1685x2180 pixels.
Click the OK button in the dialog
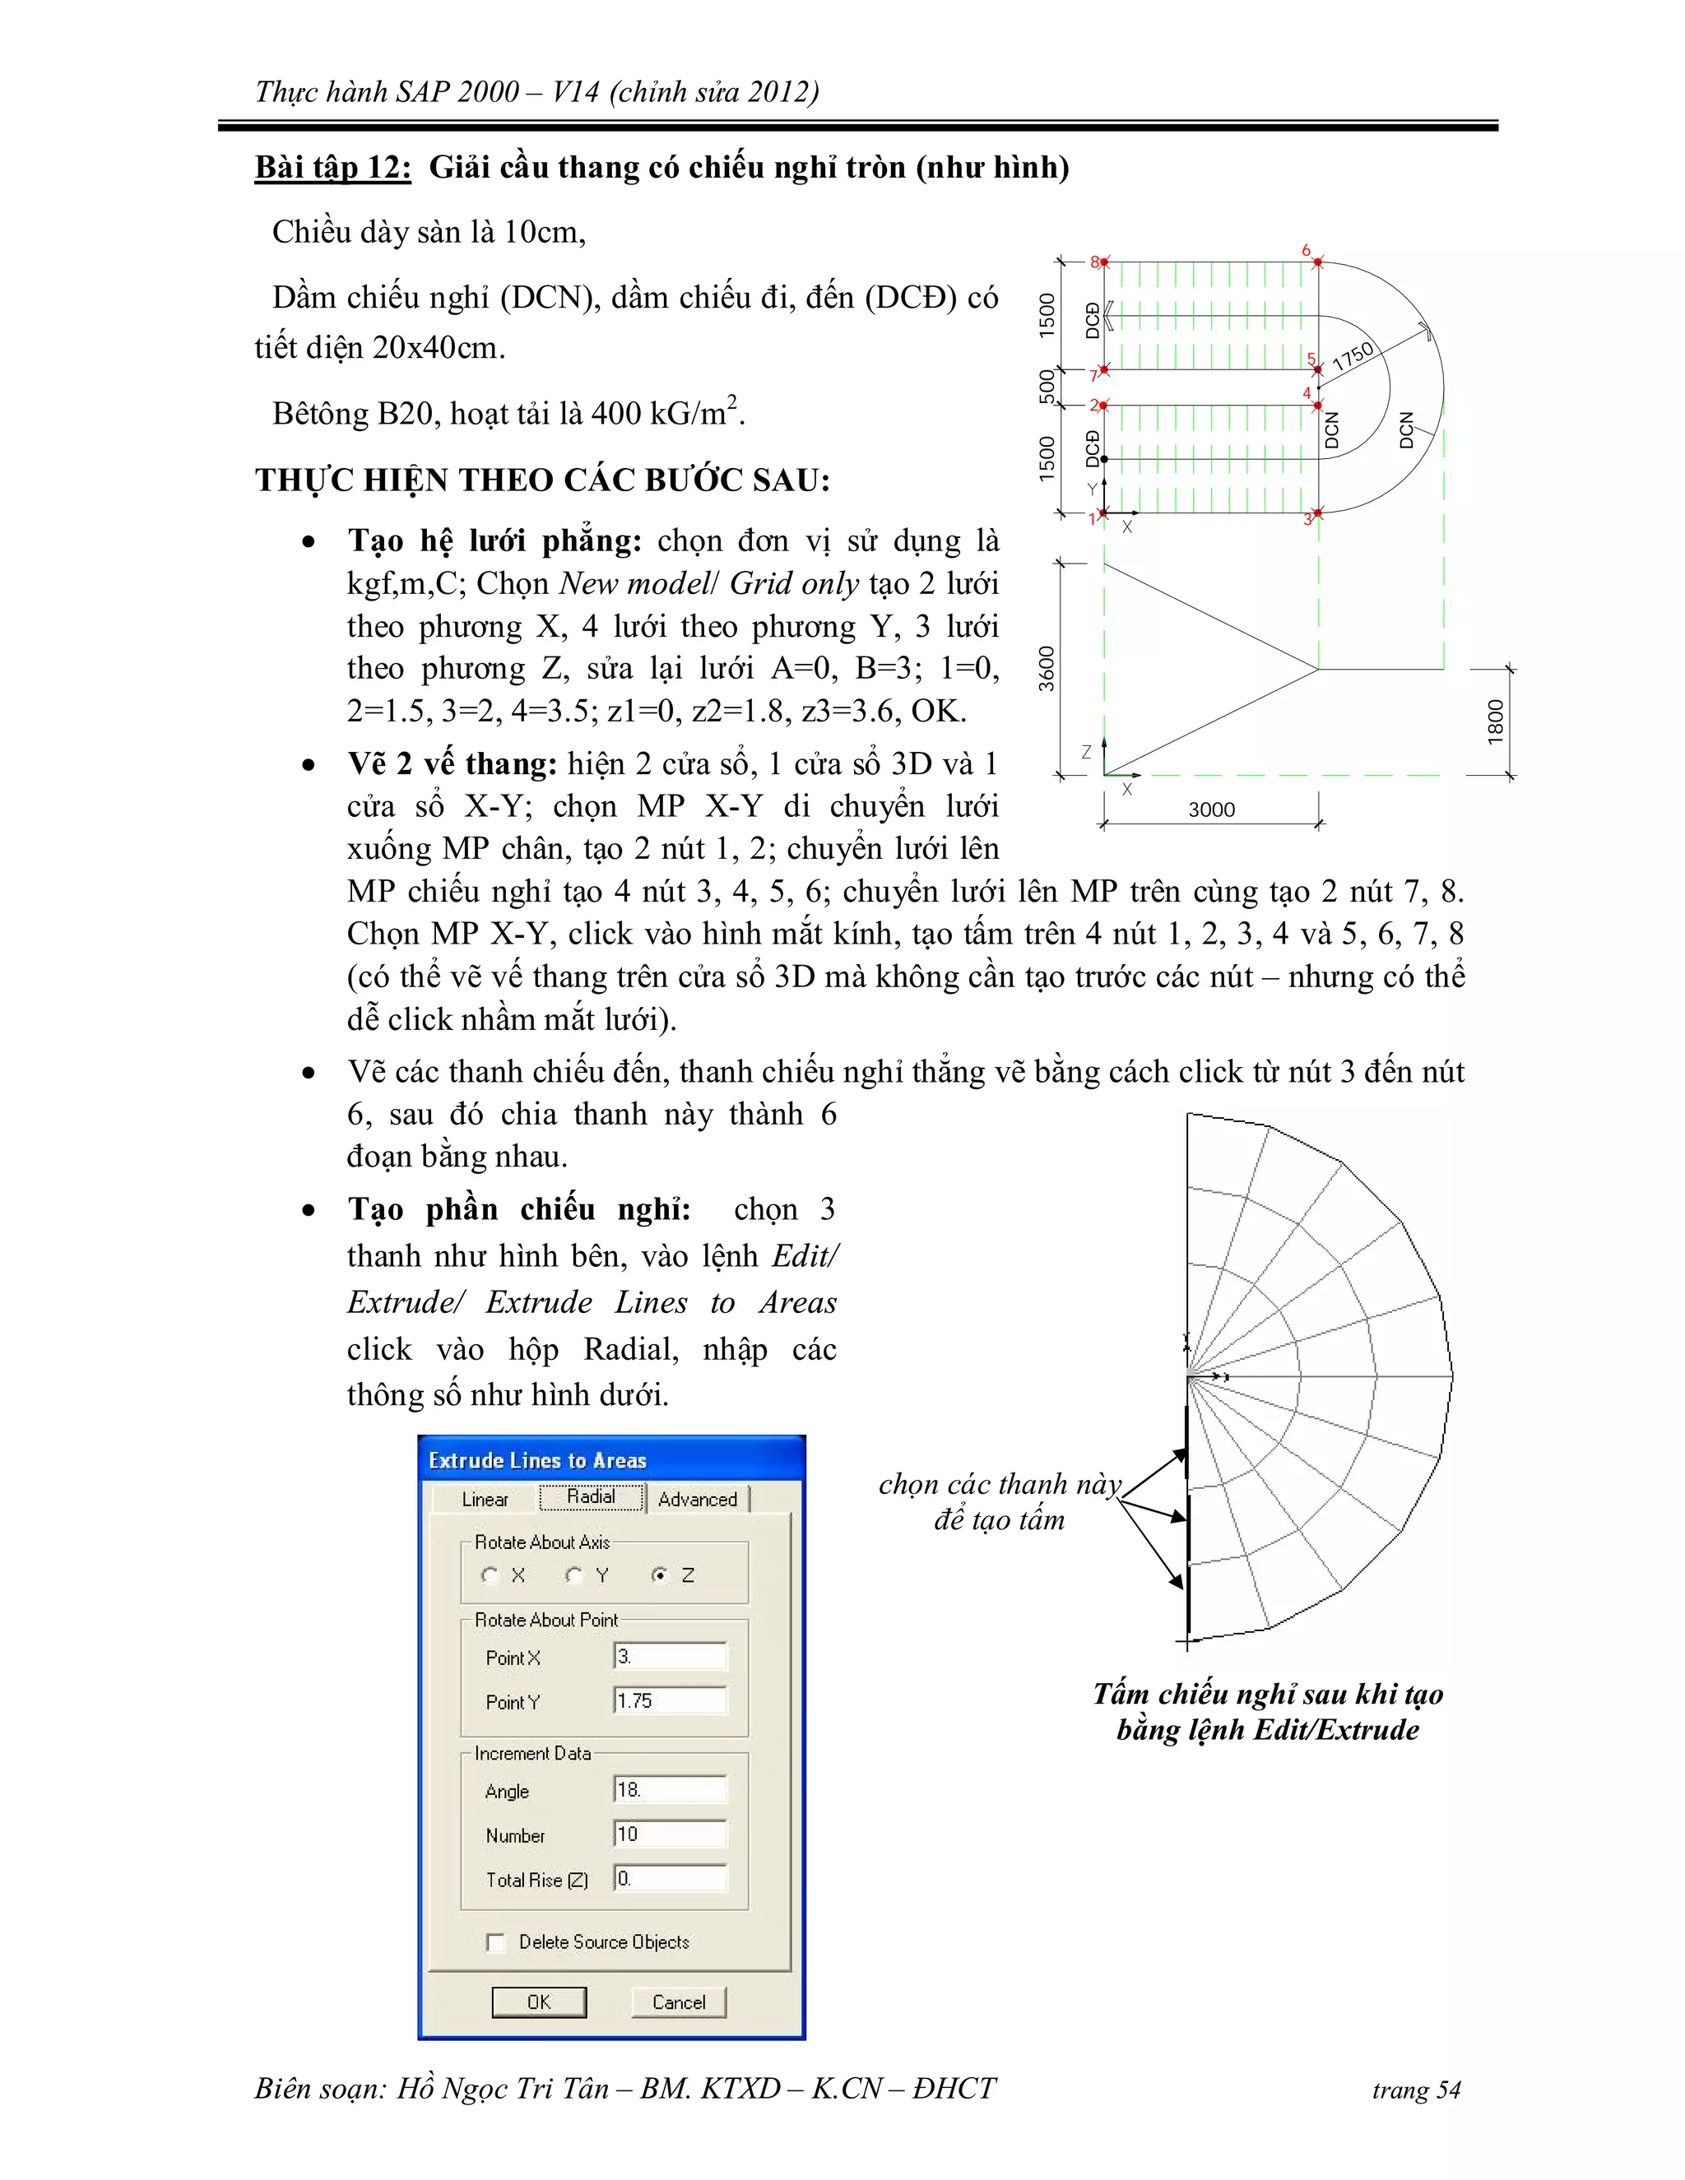(539, 2001)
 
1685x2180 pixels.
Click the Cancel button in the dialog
(678, 2001)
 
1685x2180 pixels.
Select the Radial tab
(591, 1497)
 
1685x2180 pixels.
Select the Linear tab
(485, 1499)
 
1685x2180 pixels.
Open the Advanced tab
(698, 1499)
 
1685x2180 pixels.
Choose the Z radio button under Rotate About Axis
(659, 1575)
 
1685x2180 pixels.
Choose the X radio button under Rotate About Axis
(490, 1575)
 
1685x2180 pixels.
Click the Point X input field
(670, 1657)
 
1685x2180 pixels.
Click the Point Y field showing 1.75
(670, 1701)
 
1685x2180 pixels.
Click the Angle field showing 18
(670, 1790)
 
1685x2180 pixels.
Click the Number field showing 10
(670, 1834)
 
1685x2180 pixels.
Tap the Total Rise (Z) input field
(670, 1879)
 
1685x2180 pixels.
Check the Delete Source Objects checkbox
(496, 1941)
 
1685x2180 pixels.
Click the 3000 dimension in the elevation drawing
(1211, 809)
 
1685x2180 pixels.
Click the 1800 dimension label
(1494, 721)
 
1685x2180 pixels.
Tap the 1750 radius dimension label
(1353, 356)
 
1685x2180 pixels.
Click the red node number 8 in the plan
(1094, 262)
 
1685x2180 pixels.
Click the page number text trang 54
(1415, 2091)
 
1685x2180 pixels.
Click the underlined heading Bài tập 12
(332, 167)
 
